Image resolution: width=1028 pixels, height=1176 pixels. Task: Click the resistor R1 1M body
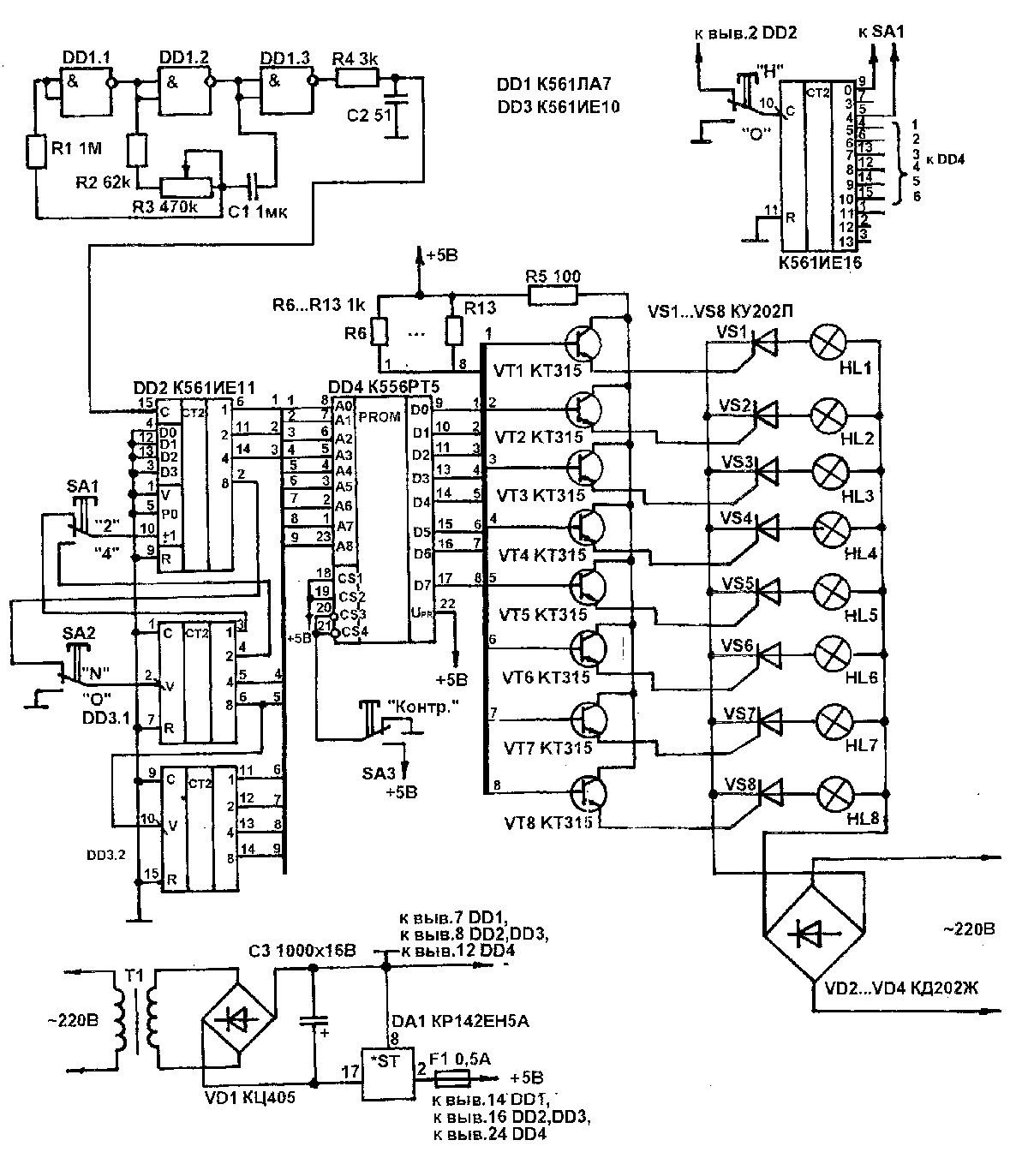coord(36,152)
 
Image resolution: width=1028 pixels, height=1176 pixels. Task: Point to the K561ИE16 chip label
coord(820,263)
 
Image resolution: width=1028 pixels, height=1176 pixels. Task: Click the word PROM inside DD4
coord(378,415)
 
